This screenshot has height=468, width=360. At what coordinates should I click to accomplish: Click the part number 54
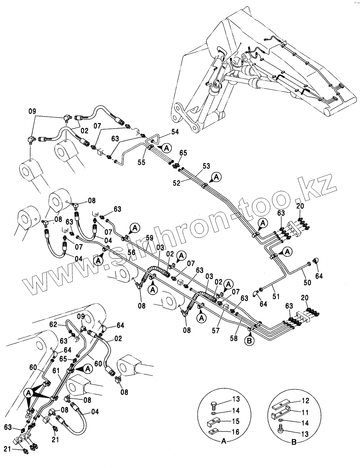(175, 132)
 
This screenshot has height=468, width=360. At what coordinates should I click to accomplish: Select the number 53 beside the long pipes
(206, 166)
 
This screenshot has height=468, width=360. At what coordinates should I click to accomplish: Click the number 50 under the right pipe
(307, 282)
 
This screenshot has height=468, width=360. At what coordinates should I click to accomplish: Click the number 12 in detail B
(305, 400)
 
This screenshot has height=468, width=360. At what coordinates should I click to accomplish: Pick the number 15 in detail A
(236, 421)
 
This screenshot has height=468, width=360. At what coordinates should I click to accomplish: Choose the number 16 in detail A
(236, 432)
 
